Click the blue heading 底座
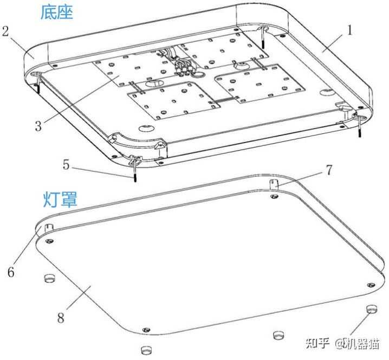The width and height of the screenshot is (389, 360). click(x=56, y=13)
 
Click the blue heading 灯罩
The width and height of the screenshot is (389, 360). click(x=60, y=199)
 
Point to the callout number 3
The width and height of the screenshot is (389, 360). click(x=38, y=126)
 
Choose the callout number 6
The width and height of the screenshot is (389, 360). click(x=10, y=273)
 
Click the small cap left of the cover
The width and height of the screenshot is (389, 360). click(x=50, y=279)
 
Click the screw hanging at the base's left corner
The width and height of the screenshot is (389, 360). click(x=40, y=84)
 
